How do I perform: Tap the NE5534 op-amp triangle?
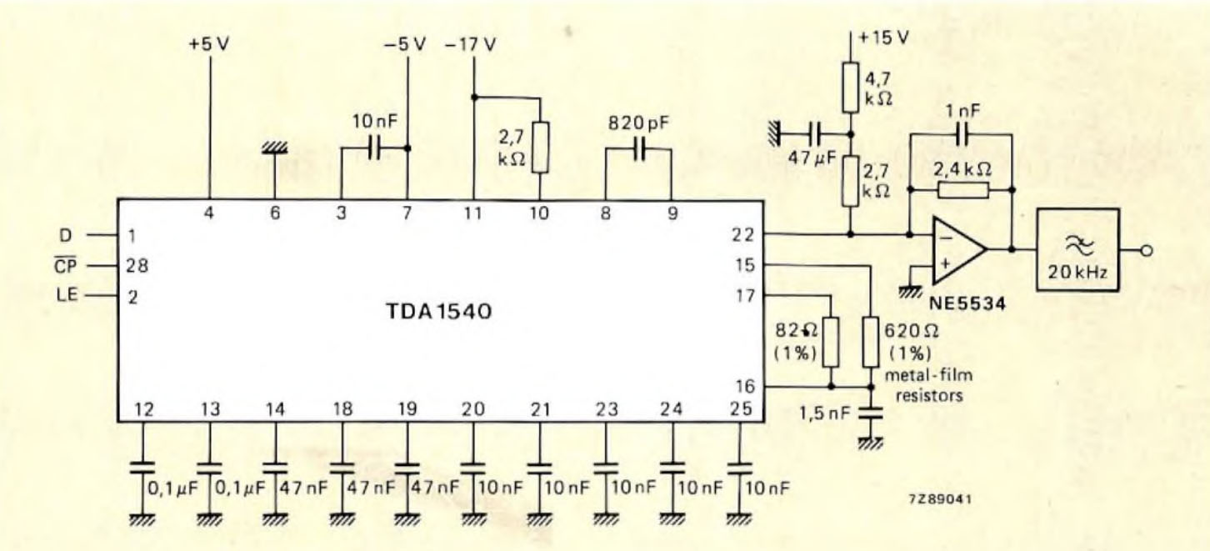coord(957,251)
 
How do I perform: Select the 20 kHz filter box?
coord(1077,249)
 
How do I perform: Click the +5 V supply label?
coord(207,44)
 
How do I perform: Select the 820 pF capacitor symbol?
coord(639,150)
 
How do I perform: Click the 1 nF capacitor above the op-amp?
coord(962,133)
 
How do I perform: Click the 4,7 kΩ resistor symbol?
coord(850,88)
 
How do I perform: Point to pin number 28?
coord(137,266)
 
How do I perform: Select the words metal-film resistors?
coord(933,386)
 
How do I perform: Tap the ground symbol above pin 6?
coord(273,147)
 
